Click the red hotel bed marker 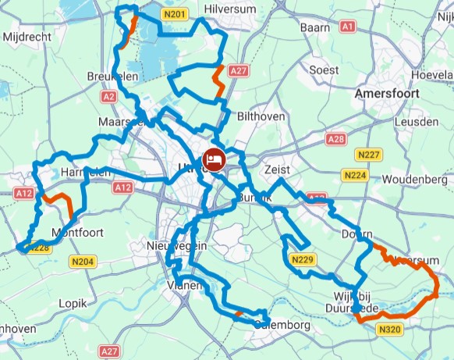tap(215, 160)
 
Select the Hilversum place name tap(229, 9)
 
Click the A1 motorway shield tap(348, 27)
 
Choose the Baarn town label tap(315, 27)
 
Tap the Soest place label tap(325, 70)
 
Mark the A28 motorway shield tap(335, 139)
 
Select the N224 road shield tap(355, 176)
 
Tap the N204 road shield tap(82, 262)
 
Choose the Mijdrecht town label tap(26, 37)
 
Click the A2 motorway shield tap(108, 96)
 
